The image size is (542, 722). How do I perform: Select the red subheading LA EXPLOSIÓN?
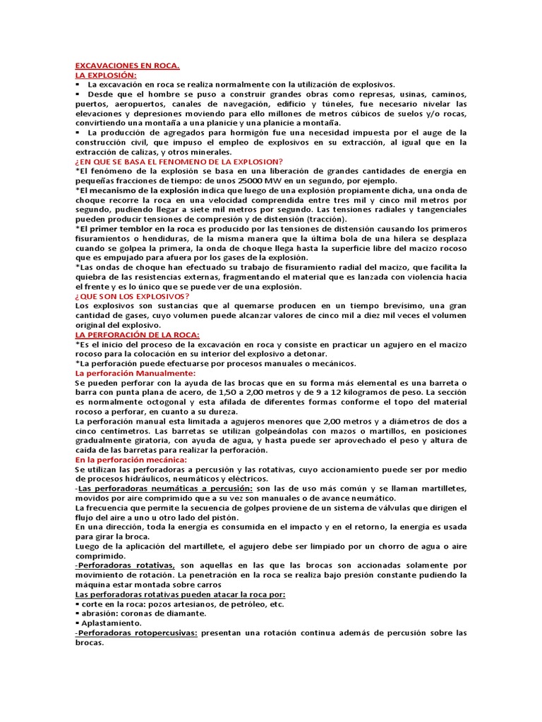click(x=106, y=75)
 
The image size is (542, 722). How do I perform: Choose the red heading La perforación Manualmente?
click(x=135, y=373)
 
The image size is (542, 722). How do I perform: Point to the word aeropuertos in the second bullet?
click(x=128, y=104)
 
